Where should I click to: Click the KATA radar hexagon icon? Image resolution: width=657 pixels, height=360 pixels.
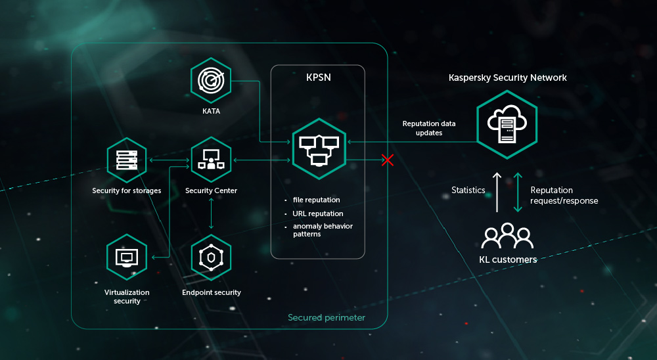[211, 80]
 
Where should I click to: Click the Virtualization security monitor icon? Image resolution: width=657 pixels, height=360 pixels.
[126, 257]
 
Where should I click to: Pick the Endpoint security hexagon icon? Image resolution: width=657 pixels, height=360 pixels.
[211, 257]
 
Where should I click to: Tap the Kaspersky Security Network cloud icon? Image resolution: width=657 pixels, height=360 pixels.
[507, 124]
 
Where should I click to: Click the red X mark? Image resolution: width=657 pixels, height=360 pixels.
[388, 160]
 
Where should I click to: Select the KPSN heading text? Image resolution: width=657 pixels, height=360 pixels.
[318, 77]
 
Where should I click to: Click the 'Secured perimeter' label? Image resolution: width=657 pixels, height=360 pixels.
[327, 318]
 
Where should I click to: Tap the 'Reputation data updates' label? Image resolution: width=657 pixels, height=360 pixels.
[429, 128]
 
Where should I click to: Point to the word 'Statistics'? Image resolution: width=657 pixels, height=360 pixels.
[468, 191]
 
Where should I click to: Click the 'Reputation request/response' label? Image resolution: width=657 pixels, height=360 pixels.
[564, 196]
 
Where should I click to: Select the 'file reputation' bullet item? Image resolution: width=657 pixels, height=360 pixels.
[316, 200]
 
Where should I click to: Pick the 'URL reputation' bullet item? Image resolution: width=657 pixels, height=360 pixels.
[318, 214]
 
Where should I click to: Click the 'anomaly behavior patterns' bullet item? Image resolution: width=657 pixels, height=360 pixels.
[322, 230]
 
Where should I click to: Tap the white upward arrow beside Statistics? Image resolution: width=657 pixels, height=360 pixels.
[497, 192]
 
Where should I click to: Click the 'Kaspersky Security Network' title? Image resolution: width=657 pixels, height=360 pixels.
[507, 78]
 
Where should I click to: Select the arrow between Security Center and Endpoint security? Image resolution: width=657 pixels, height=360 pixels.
[211, 212]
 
